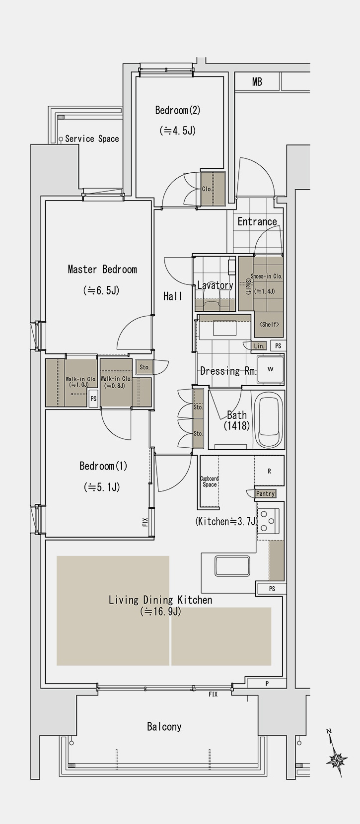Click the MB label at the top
pyautogui.click(x=257, y=82)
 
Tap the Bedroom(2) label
pyautogui.click(x=178, y=110)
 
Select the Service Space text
pyautogui.click(x=92, y=139)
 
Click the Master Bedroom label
pyautogui.click(x=102, y=269)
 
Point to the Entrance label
pyautogui.click(x=257, y=221)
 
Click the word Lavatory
pyautogui.click(x=215, y=285)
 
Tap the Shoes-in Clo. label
pyautogui.click(x=267, y=276)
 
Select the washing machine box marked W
pyautogui.click(x=271, y=369)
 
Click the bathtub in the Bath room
pyautogui.click(x=271, y=419)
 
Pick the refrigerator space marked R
pyautogui.click(x=269, y=471)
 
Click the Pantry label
pyautogui.click(x=265, y=494)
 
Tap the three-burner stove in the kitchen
pyautogui.click(x=268, y=521)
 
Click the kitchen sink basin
pyautogui.click(x=232, y=566)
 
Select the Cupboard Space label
pyautogui.click(x=210, y=481)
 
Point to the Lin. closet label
pyautogui.click(x=259, y=346)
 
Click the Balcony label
pyautogui.click(x=164, y=727)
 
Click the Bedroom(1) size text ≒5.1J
pyautogui.click(x=102, y=487)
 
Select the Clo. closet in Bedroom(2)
pyautogui.click(x=213, y=189)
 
